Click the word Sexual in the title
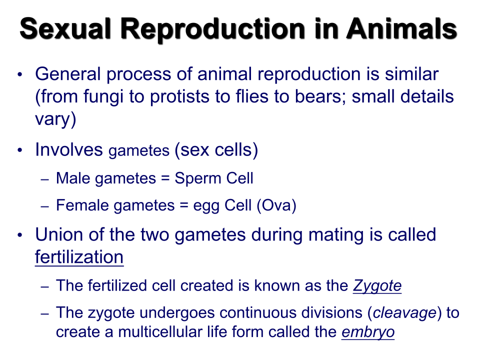tap(65, 28)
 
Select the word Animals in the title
tap(401, 28)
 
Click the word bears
tap(320, 96)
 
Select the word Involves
tap(69, 149)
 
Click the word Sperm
tap(198, 178)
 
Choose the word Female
tap(81, 205)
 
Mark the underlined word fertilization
tap(79, 256)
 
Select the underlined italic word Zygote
tap(377, 286)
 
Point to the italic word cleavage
tap(404, 313)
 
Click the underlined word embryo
tap(368, 332)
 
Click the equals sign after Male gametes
tap(165, 178)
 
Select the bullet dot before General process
tap(20, 74)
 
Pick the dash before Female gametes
tap(44, 206)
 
